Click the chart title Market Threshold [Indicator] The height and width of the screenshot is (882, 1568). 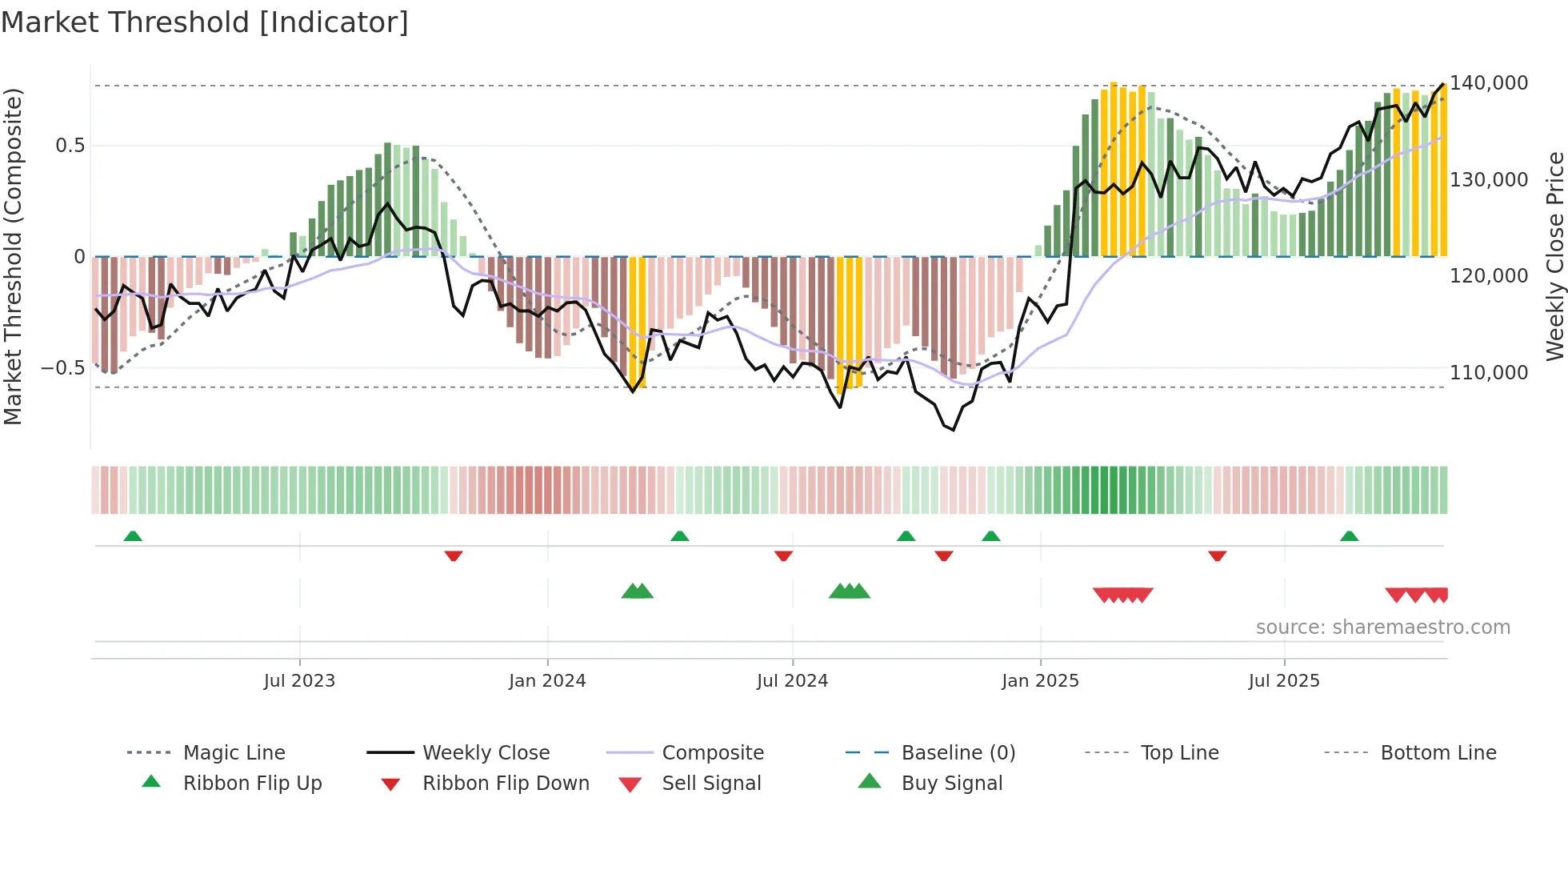[x=205, y=22]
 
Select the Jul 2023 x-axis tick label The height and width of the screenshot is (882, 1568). [x=299, y=681]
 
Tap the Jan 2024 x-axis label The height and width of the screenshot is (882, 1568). [x=547, y=681]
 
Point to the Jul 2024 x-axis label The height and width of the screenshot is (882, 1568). [x=792, y=681]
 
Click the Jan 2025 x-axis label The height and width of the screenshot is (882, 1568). [x=1040, y=681]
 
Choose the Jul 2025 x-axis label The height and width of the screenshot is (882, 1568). [x=1284, y=681]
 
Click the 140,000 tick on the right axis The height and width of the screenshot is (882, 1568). [x=1489, y=83]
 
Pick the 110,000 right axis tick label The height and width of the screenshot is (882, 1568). [x=1489, y=373]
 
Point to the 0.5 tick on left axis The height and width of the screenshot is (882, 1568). [x=70, y=146]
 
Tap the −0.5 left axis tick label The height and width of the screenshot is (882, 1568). [x=62, y=369]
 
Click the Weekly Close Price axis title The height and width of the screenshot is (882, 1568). [x=1554, y=256]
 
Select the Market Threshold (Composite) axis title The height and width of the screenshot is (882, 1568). [x=13, y=256]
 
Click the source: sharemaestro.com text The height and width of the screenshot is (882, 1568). [x=1382, y=627]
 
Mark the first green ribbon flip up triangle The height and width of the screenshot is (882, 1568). [x=133, y=536]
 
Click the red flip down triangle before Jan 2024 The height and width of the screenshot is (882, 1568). [x=454, y=555]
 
